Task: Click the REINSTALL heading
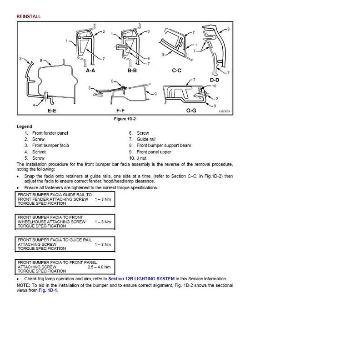(29, 16)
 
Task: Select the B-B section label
(133, 71)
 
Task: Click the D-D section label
(215, 80)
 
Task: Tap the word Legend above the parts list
(25, 126)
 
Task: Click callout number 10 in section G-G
(214, 86)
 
